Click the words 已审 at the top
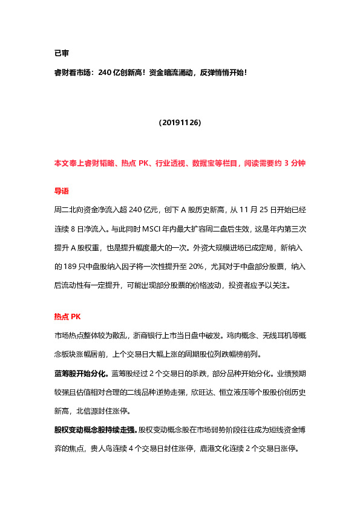(x=61, y=53)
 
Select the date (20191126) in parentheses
(x=180, y=122)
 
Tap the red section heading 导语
(x=62, y=191)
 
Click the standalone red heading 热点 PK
(x=67, y=316)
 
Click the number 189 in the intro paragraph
(x=62, y=265)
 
